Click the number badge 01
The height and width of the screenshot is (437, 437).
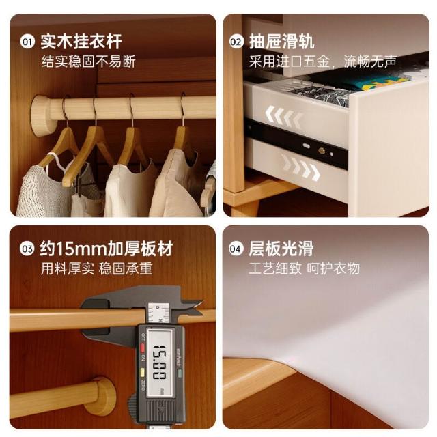(27, 42)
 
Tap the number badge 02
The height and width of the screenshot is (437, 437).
(236, 42)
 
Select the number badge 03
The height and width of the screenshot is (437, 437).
(27, 249)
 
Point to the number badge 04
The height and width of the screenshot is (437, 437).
(236, 249)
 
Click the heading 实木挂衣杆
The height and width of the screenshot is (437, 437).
(81, 42)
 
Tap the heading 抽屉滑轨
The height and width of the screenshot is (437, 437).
(282, 42)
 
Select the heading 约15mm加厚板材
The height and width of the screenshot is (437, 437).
(107, 249)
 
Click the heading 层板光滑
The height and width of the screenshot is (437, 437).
(281, 249)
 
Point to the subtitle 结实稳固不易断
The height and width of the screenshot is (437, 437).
(88, 61)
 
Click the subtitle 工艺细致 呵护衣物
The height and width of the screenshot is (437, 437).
(304, 268)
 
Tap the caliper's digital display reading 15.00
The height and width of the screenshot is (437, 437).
(159, 363)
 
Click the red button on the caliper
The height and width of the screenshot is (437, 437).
(143, 348)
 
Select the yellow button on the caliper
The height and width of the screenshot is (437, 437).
(143, 372)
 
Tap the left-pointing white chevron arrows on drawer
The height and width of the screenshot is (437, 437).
(284, 114)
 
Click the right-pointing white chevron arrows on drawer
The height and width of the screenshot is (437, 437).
(300, 168)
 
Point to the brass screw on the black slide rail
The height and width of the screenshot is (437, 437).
(322, 151)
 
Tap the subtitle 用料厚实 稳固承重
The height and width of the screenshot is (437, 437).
(96, 268)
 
